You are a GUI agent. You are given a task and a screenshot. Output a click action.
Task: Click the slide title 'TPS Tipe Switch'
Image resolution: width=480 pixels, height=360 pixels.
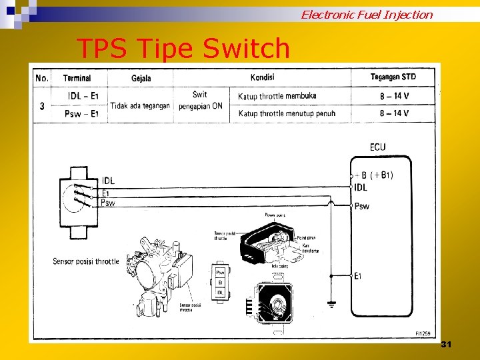[183, 49]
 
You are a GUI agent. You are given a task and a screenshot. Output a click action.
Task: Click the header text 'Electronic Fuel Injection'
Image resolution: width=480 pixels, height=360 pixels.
[367, 14]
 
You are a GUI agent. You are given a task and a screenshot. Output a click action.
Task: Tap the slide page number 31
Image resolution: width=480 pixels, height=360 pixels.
[446, 344]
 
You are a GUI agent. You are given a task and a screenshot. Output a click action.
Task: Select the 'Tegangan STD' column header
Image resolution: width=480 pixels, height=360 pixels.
[393, 77]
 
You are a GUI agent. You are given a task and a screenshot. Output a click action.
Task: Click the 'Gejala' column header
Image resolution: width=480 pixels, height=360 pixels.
[141, 78]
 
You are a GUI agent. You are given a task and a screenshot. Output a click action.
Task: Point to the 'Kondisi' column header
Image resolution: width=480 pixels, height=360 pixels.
[262, 77]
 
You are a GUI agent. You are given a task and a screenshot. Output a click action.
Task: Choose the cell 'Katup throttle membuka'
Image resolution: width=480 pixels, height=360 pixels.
[277, 96]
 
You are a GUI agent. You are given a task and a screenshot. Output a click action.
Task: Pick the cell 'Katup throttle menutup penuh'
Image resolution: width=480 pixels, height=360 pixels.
[287, 113]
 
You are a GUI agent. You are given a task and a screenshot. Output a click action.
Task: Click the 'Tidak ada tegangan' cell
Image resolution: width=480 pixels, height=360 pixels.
[140, 105]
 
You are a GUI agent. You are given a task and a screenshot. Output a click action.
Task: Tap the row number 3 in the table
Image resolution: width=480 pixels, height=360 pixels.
[42, 105]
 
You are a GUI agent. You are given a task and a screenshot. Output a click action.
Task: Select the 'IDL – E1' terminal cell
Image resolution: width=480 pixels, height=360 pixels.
[83, 96]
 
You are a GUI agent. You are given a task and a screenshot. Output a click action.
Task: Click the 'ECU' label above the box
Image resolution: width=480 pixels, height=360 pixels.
[378, 147]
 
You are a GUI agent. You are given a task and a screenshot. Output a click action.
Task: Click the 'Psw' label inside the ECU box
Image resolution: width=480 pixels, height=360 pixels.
[362, 206]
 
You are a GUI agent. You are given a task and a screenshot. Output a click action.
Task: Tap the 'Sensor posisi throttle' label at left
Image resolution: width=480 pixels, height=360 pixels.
[86, 261]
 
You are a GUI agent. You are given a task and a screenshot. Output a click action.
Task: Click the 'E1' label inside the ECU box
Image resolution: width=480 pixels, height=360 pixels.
[359, 275]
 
